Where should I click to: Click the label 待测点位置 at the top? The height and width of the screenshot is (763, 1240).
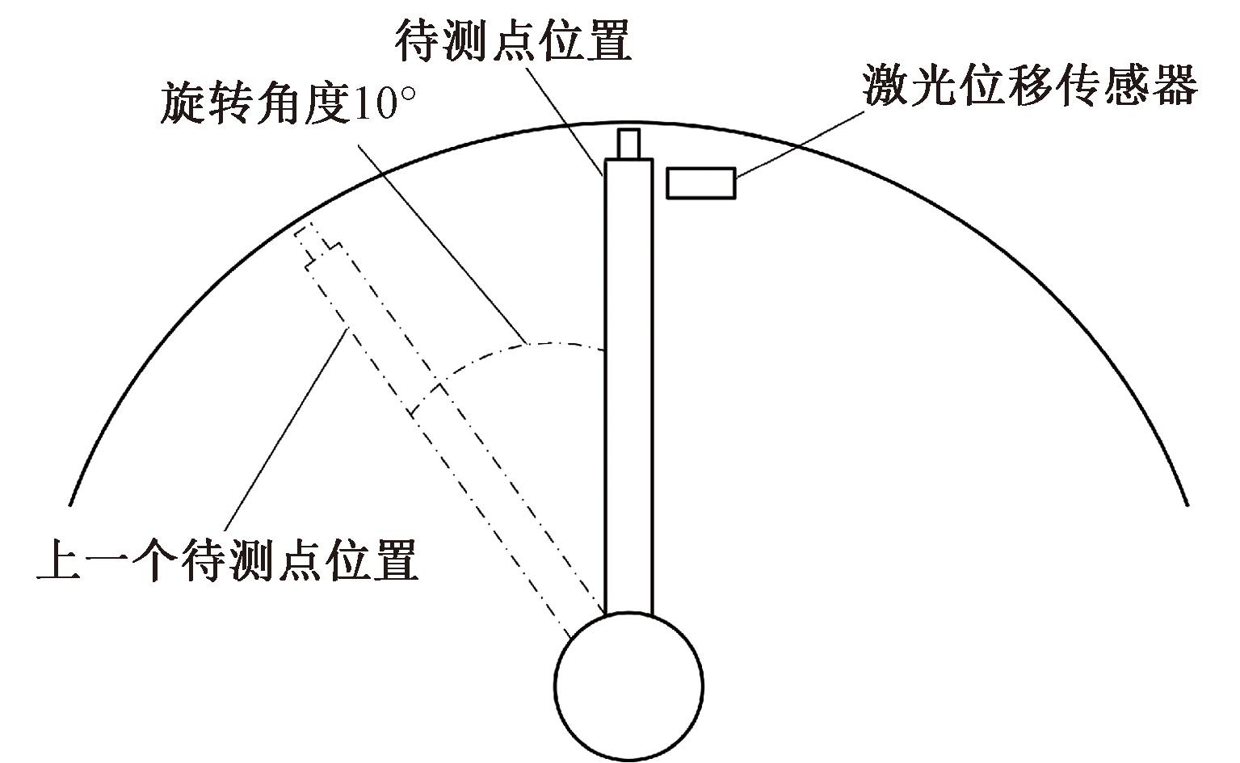513,40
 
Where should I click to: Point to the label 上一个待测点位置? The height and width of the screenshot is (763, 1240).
229,560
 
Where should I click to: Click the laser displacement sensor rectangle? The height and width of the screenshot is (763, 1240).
700,182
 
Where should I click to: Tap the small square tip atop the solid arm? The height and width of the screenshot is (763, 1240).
628,144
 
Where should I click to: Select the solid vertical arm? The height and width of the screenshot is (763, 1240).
628,388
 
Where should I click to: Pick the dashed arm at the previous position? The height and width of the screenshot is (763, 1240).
452,436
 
